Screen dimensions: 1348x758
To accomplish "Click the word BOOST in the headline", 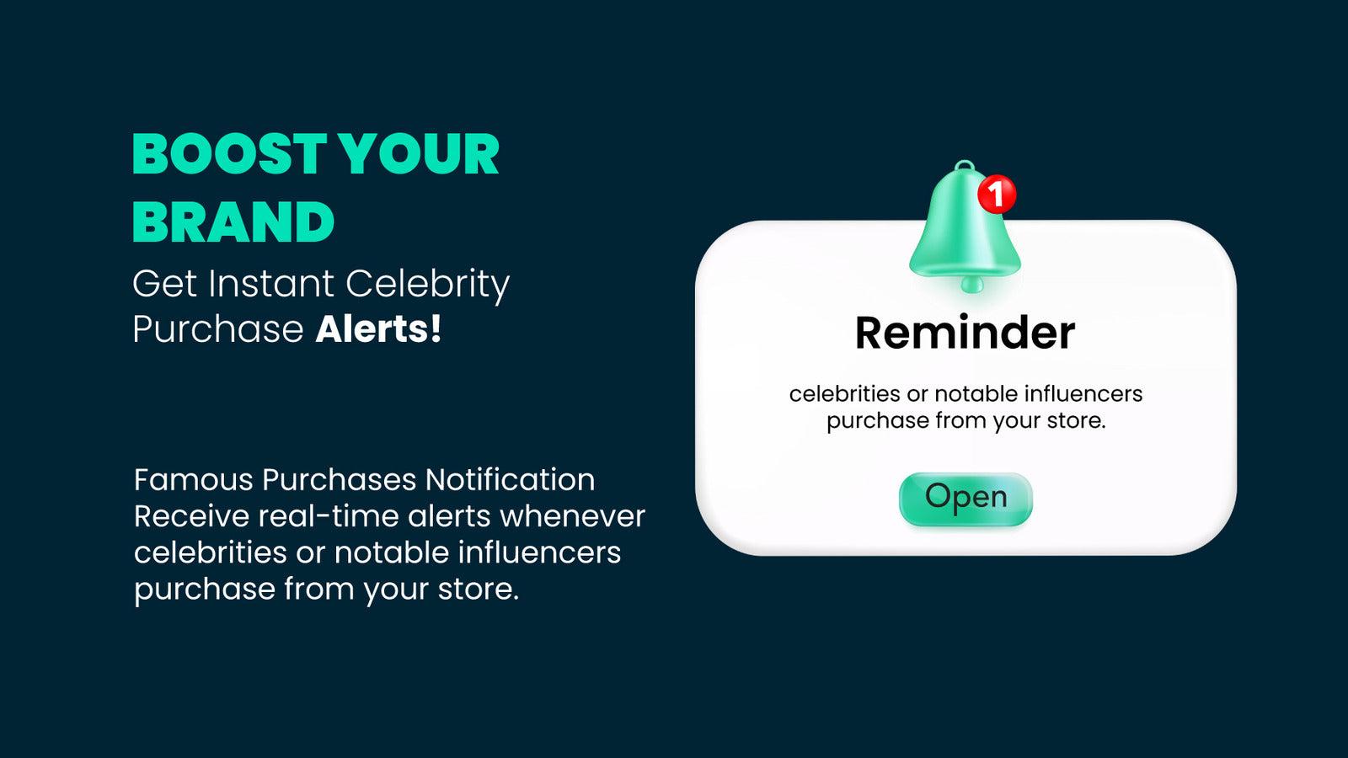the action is (229, 154).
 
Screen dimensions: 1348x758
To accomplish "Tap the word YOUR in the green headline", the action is (420, 154).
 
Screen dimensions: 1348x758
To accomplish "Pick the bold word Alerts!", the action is (378, 329).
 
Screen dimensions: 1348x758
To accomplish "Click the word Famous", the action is (193, 480).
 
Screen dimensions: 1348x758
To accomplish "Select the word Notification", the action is (511, 480).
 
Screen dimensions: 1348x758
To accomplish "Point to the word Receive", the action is (191, 516).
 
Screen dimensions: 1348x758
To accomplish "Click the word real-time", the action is (329, 516).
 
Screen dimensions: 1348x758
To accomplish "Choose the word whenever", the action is (573, 516).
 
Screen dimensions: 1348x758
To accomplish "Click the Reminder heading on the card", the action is (966, 333).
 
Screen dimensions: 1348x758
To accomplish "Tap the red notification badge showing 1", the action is (998, 195).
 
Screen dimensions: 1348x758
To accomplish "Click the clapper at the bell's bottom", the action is (971, 285).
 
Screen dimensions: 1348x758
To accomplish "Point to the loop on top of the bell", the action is (965, 165).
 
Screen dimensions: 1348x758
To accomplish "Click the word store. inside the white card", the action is (1077, 420).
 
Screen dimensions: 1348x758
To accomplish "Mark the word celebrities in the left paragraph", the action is (210, 552).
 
